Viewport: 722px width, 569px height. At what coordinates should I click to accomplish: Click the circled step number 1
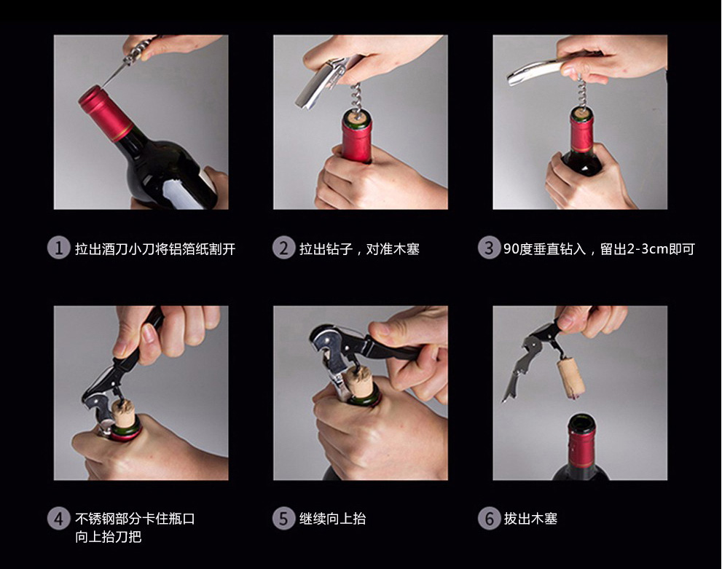(x=58, y=248)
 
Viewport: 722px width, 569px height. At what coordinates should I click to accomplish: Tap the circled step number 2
(x=283, y=248)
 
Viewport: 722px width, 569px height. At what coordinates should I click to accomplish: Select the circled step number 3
(x=489, y=248)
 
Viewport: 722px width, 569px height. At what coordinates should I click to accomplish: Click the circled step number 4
(x=58, y=518)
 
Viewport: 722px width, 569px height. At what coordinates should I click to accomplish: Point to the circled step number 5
(x=283, y=518)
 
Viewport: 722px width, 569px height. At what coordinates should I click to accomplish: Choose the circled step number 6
(x=489, y=518)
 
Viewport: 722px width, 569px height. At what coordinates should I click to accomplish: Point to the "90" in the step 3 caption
(x=511, y=249)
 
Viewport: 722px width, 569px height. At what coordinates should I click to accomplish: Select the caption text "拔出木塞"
(x=530, y=519)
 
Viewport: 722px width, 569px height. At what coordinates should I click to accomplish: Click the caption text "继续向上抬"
(x=332, y=519)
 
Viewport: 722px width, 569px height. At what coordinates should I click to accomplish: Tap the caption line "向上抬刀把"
(x=109, y=537)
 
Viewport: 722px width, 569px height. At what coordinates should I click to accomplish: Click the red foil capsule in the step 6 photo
(x=581, y=444)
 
